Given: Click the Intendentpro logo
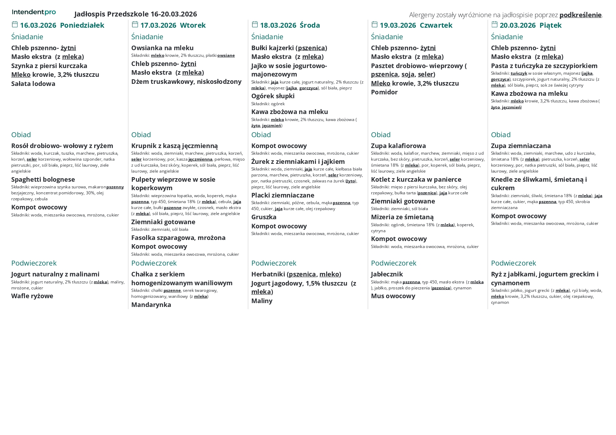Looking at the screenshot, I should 34,12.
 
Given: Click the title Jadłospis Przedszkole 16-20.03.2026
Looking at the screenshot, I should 135,14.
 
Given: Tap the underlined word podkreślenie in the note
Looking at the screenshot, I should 580,15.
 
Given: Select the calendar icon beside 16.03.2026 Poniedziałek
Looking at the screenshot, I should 15,24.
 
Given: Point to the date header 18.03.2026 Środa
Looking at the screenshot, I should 290,25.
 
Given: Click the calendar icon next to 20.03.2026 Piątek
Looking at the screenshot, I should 494,24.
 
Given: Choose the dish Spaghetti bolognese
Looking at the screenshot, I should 43,179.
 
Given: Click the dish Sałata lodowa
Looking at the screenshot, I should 33,83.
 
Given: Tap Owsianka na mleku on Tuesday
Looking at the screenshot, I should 162,48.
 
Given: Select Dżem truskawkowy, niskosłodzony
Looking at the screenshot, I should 186,81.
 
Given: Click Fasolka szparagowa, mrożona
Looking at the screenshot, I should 178,237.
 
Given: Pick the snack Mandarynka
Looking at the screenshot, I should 151,304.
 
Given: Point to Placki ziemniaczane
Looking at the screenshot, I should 283,195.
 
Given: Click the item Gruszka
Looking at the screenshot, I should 264,217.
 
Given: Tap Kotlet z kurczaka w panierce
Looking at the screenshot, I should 416,179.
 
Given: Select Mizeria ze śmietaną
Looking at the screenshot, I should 402,217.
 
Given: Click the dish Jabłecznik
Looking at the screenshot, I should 386,274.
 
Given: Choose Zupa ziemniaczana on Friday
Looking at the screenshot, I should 521,146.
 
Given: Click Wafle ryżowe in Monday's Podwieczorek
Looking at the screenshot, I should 32,296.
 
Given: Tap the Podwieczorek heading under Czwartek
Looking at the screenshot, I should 393,263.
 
